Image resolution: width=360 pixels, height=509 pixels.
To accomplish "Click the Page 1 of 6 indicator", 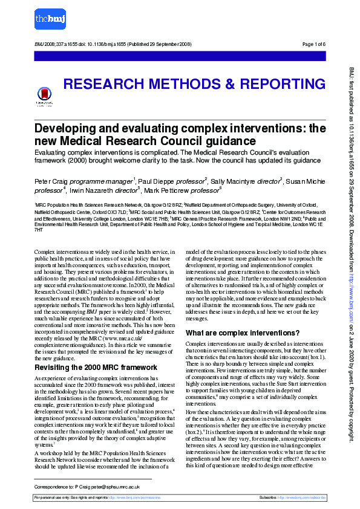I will click(313, 44).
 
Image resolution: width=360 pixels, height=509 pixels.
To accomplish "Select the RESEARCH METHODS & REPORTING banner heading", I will click(194, 84).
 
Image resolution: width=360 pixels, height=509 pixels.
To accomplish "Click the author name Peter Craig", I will click(50, 182).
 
